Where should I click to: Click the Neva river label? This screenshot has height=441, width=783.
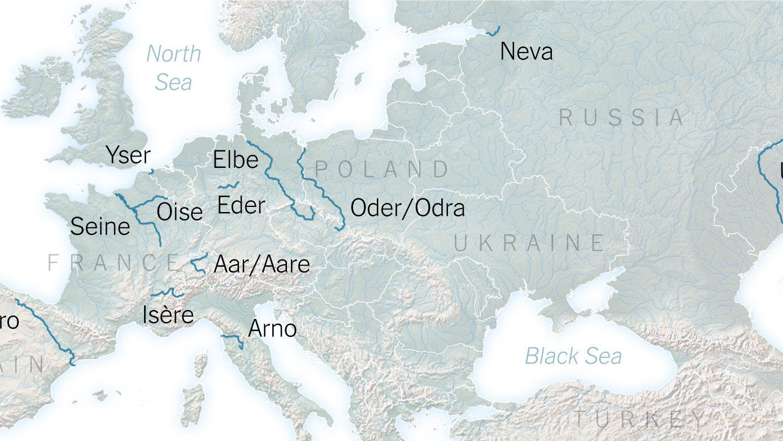(526, 52)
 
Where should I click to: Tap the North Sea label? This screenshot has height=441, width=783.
(173, 68)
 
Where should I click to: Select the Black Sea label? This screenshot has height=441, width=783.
(573, 356)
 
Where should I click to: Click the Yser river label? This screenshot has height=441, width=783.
(128, 155)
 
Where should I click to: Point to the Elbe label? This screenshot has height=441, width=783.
(236, 160)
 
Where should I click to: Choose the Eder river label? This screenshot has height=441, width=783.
(241, 205)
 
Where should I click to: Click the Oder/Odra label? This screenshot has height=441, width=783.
(407, 208)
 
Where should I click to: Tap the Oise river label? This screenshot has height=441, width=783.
(180, 212)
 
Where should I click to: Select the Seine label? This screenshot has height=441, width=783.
(100, 227)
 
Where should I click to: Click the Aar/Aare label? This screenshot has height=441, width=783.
(262, 264)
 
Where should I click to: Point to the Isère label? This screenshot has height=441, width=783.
(168, 315)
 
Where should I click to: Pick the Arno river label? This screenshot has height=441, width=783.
(272, 328)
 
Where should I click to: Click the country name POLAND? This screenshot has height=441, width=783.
(382, 169)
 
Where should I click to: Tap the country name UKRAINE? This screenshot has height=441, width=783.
(529, 243)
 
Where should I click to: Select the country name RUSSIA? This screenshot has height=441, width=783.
(621, 118)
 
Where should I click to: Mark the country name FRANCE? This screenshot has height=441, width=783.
(113, 262)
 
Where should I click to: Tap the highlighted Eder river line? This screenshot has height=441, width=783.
(228, 185)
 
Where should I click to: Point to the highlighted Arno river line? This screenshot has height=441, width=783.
(232, 338)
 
